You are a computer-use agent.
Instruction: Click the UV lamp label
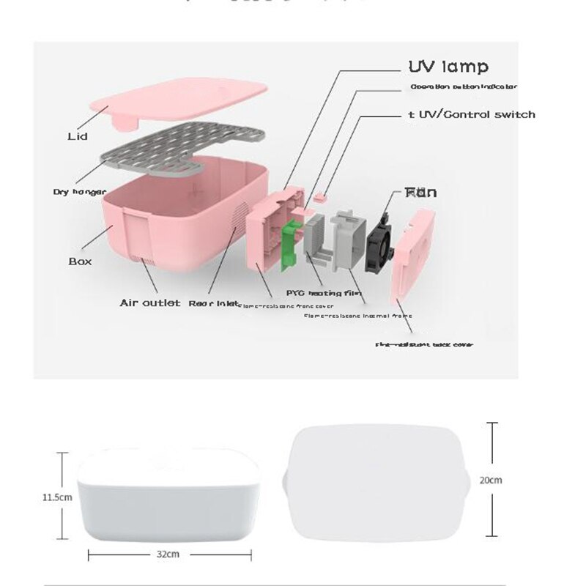pyautogui.click(x=448, y=67)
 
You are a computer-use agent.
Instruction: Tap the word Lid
pyautogui.click(x=78, y=136)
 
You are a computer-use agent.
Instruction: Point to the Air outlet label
pyautogui.click(x=149, y=303)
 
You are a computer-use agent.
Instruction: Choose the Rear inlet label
pyautogui.click(x=212, y=303)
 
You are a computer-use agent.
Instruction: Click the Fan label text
pyautogui.click(x=421, y=193)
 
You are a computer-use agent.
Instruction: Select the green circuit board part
pyautogui.click(x=291, y=244)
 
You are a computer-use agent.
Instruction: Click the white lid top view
pyautogui.click(x=377, y=482)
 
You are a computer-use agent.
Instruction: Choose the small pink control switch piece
pyautogui.click(x=320, y=196)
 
